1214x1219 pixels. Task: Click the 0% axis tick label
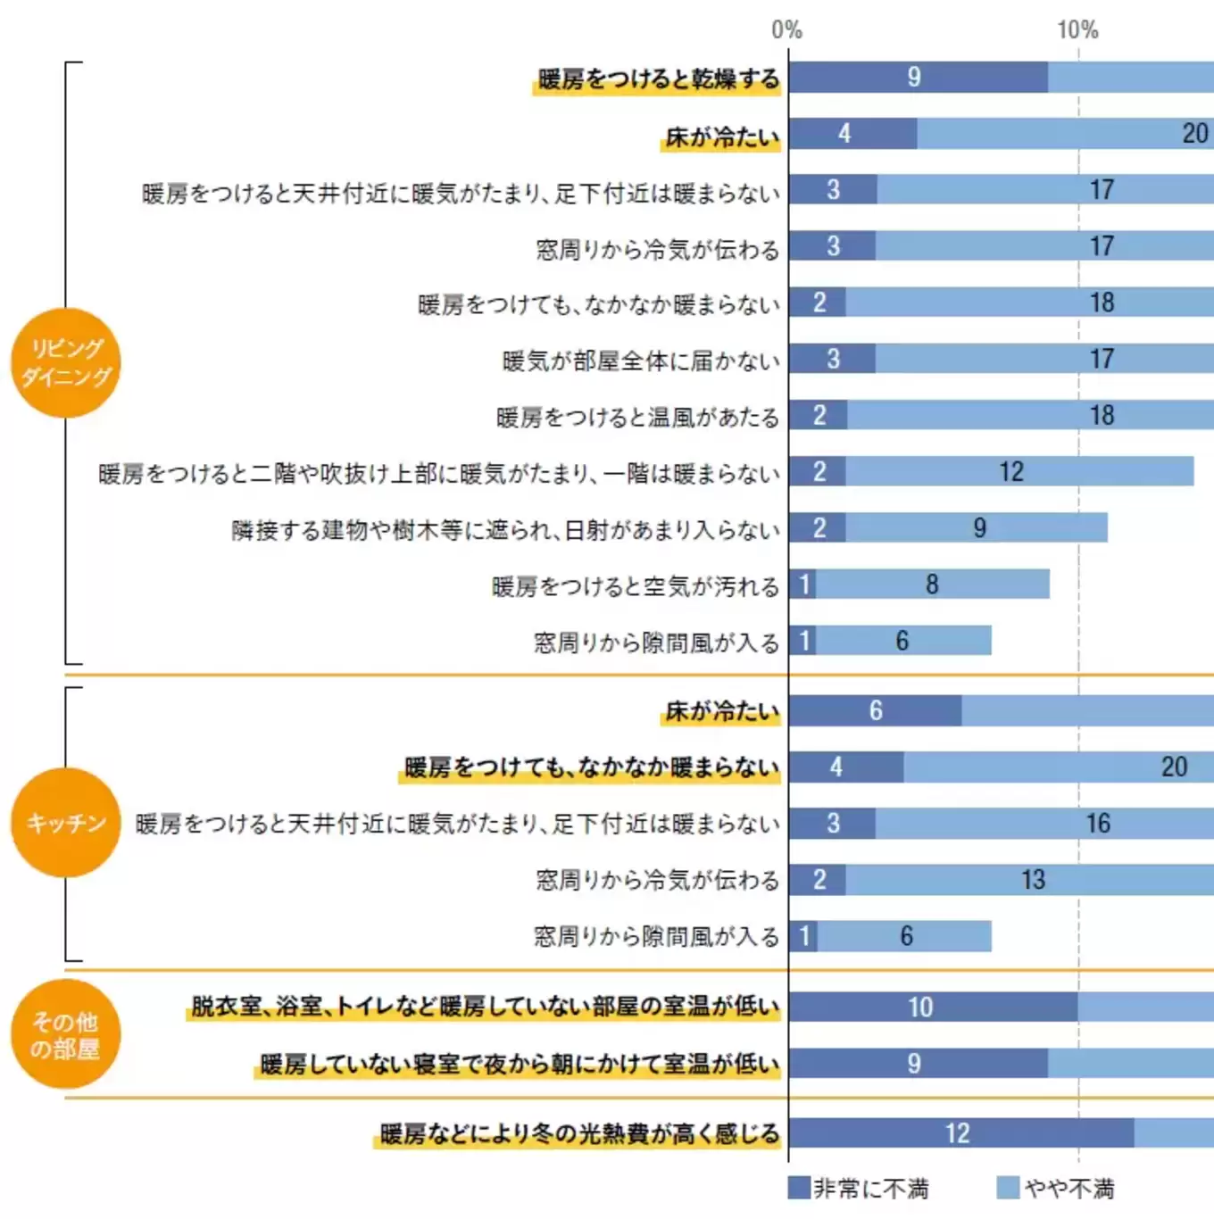pos(786,30)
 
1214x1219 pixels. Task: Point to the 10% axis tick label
pos(1077,30)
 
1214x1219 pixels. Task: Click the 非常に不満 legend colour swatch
pos(799,1188)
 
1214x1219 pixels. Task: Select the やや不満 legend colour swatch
pos(1008,1188)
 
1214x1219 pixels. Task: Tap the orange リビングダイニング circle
pos(66,362)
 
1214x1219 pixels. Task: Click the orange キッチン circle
pos(66,822)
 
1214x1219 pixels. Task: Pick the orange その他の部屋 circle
pos(66,1034)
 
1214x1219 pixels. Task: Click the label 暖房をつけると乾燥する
pos(659,79)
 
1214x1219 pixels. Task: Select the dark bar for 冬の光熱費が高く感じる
pos(960,1133)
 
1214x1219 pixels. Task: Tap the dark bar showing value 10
pos(933,1007)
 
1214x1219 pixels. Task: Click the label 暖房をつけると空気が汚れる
pos(636,586)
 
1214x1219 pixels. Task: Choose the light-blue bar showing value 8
pos(932,585)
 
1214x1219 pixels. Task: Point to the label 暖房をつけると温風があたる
pos(637,418)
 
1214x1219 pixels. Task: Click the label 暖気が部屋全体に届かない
pos(641,361)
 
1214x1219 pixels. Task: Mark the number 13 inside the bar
pos(1033,880)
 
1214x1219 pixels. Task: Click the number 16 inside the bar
pos(1098,823)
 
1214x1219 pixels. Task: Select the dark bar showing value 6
pos(875,710)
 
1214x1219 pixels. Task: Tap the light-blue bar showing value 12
pos(1019,471)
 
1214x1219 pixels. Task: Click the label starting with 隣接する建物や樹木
pos(505,530)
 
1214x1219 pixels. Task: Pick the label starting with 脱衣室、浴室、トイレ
pos(485,1007)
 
